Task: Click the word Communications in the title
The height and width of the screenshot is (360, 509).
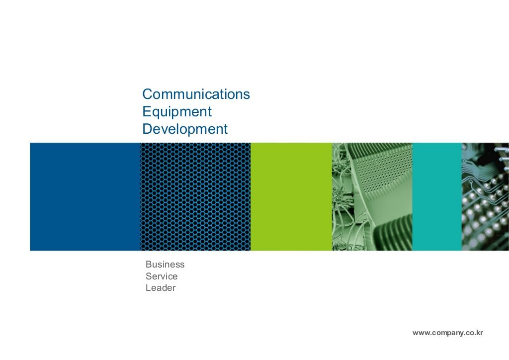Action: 196,94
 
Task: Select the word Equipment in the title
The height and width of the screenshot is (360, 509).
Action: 177,112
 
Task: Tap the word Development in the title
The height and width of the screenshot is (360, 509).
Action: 185,129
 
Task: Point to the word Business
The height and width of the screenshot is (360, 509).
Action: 165,264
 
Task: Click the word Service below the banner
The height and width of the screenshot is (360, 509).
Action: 162,276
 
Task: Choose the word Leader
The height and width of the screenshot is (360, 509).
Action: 161,288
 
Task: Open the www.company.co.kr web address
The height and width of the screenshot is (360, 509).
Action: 448,333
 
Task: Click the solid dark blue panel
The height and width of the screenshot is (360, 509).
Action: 85,197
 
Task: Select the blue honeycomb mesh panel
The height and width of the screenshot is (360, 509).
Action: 195,197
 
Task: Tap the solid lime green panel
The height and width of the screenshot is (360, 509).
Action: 291,197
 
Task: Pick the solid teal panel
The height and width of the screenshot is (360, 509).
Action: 436,197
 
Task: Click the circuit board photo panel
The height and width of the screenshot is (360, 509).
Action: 485,197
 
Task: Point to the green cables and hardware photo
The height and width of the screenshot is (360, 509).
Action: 372,197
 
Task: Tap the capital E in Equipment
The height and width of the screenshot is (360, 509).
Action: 146,111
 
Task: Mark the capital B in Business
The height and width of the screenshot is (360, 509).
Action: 149,264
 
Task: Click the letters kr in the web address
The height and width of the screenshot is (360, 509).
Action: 480,333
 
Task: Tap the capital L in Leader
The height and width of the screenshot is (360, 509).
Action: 148,288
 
